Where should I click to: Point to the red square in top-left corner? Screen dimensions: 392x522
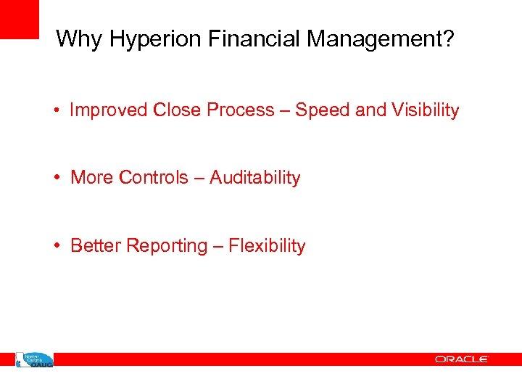point(19,19)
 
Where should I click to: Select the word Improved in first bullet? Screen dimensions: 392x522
point(109,110)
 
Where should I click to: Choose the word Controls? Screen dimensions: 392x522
point(154,178)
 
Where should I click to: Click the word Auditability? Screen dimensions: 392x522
point(255,178)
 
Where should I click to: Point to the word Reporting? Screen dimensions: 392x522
point(167,247)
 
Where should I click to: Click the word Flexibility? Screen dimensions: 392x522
point(267,246)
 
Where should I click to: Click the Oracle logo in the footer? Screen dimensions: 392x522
point(462,359)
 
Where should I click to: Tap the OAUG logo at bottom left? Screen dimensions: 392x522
point(35,359)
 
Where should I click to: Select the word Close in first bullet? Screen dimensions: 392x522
point(178,110)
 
